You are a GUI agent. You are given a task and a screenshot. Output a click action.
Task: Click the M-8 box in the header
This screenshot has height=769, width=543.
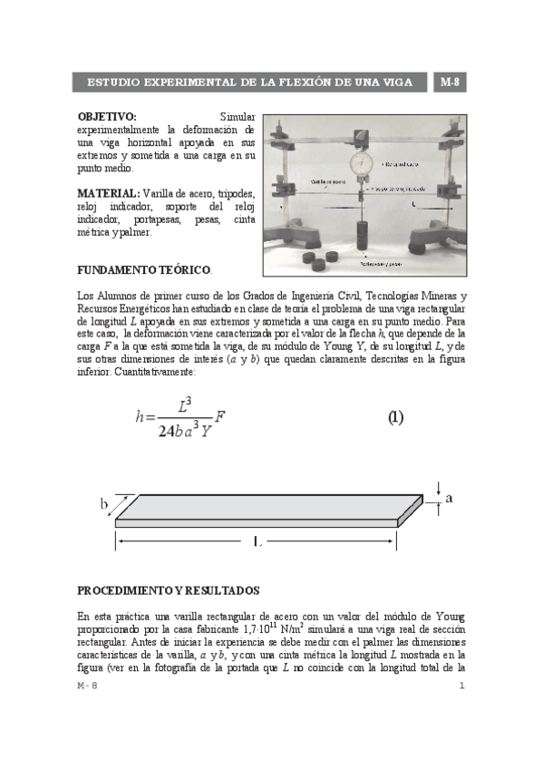click(x=451, y=83)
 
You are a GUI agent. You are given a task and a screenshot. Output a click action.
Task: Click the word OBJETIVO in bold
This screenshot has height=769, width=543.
click(x=107, y=117)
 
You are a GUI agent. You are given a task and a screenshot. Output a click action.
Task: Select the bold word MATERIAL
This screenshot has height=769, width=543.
click(x=108, y=194)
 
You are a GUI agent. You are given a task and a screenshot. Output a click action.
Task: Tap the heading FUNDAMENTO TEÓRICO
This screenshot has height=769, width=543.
click(x=143, y=270)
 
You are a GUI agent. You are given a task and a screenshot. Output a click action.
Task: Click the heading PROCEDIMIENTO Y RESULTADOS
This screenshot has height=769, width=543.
click(x=169, y=589)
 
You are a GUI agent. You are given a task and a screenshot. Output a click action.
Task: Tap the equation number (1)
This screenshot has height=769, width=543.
click(x=396, y=418)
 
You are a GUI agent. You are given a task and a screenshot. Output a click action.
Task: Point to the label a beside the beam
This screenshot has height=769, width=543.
click(x=448, y=499)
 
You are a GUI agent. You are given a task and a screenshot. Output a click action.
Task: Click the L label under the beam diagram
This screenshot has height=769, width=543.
click(x=257, y=543)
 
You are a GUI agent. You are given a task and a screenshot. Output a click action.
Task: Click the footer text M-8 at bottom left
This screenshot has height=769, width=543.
click(x=87, y=686)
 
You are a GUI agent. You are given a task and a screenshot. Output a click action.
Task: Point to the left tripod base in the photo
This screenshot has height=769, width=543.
click(x=296, y=240)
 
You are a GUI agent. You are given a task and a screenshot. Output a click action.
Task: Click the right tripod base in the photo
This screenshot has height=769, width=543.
click(x=431, y=239)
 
